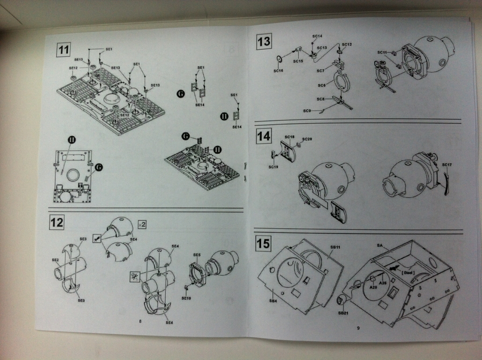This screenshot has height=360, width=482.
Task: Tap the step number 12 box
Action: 57,222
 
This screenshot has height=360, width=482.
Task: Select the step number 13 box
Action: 264,42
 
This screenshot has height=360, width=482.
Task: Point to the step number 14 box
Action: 264,137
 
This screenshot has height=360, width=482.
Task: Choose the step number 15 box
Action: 263,243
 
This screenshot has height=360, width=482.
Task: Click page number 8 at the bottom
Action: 140,321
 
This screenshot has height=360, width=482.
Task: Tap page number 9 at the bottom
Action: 358,328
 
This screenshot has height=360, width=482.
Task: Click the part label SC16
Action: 279,71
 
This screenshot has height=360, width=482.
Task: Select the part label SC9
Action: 307,110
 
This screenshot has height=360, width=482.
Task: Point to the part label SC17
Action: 447,165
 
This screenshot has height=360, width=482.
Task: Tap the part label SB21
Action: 343,313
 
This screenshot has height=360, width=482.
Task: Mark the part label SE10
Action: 186,298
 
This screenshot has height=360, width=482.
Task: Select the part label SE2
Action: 55,260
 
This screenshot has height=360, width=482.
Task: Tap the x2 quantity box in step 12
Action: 141,224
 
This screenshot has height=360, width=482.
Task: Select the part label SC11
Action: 382,52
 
